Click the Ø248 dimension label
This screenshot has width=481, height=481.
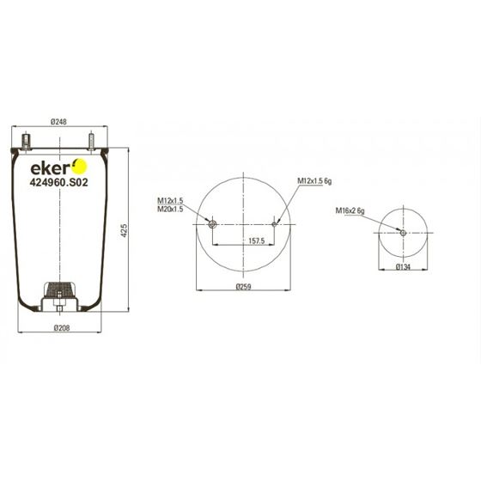58,122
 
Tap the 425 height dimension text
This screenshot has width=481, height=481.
124,230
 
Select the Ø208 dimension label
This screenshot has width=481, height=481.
62,328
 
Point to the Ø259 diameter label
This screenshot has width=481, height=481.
244,287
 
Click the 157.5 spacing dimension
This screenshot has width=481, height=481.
257,240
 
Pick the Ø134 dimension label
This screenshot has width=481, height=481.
403,267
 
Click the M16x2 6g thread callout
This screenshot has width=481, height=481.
350,210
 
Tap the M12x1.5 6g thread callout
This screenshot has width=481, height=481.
314,181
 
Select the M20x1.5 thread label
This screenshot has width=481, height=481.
170,210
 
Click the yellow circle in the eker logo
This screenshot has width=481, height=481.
80,167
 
